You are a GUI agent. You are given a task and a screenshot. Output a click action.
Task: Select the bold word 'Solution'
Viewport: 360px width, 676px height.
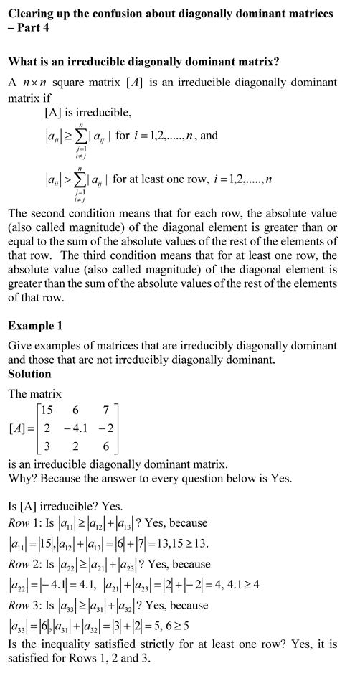coord(29,374)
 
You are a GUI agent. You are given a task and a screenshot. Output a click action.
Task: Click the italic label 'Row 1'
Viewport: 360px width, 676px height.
coord(22,523)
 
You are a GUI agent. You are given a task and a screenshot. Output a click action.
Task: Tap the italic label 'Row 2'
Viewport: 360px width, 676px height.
coord(22,565)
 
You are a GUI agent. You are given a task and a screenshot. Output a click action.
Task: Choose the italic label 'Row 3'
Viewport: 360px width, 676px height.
coord(22,606)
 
